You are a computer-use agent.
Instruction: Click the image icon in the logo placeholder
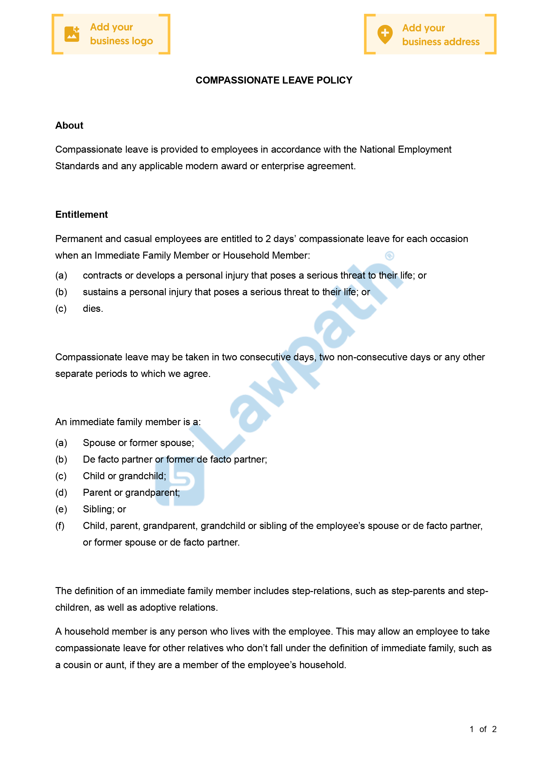(72, 34)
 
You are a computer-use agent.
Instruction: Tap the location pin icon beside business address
(385, 34)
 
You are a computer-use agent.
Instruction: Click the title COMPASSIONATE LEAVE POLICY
(274, 80)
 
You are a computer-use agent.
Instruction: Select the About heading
(69, 125)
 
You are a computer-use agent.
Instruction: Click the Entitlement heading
(81, 215)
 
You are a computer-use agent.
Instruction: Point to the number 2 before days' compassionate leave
(268, 239)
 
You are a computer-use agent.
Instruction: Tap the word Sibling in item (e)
(97, 509)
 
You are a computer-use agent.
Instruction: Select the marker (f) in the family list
(60, 526)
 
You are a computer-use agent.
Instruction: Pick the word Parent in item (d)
(97, 492)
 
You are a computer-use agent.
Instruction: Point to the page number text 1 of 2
(483, 729)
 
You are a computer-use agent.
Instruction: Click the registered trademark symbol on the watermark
(390, 256)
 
